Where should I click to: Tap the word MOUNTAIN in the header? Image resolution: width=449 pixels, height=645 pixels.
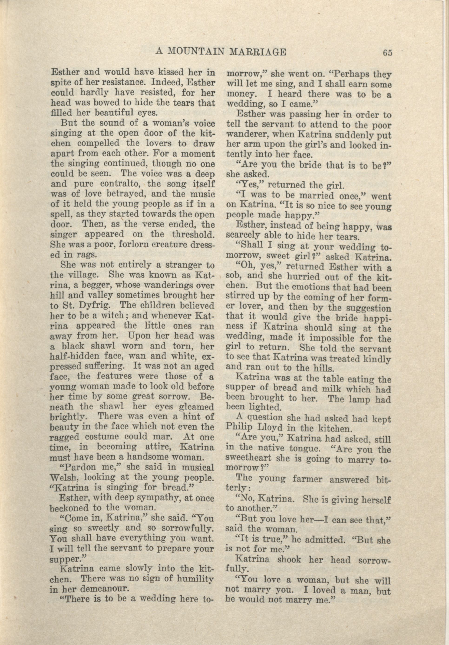coord(196,52)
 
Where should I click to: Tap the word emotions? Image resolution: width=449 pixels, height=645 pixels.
coord(309,288)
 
